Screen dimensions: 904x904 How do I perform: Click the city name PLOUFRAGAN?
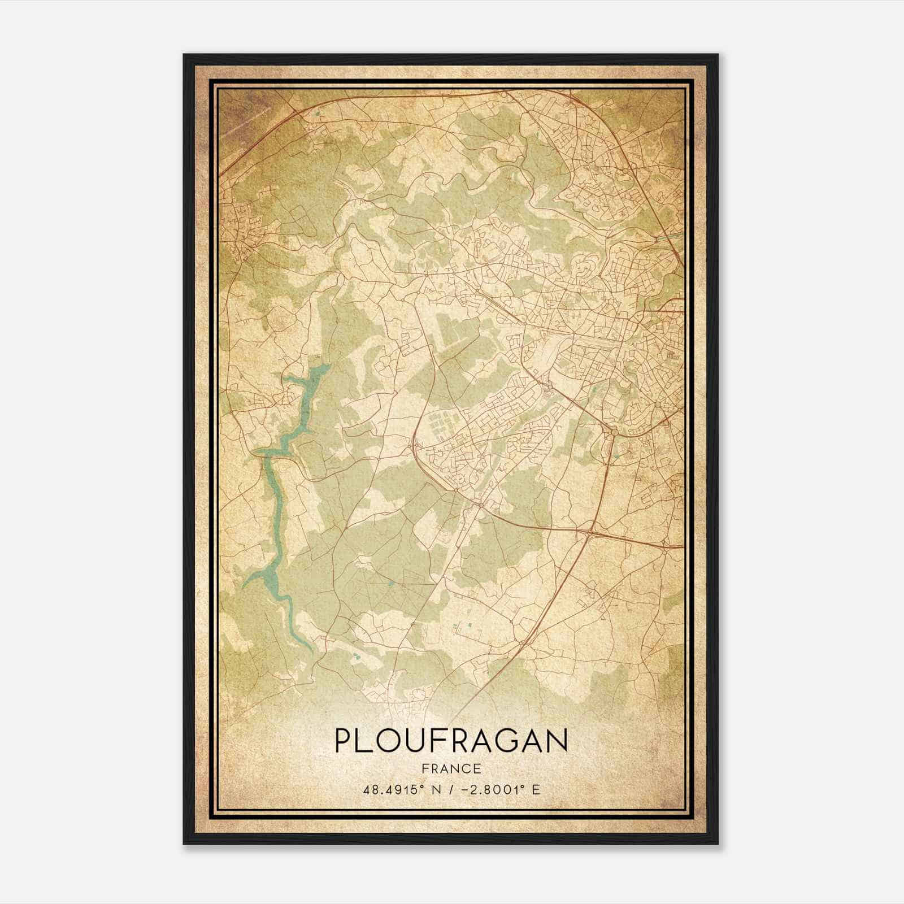(x=451, y=741)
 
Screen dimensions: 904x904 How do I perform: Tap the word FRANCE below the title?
(x=451, y=768)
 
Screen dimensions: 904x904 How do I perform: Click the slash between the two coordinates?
(x=449, y=789)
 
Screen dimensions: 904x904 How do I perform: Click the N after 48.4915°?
(x=432, y=789)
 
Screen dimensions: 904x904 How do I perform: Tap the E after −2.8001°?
(x=536, y=789)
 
